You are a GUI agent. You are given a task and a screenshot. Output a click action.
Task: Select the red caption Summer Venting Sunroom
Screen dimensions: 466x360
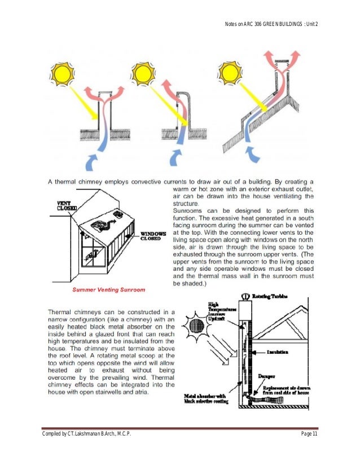tap(110, 289)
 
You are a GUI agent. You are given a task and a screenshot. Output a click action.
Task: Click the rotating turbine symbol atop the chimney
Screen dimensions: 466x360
tap(245, 296)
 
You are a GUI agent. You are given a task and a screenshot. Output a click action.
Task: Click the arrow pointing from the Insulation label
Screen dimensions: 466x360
tap(261, 351)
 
